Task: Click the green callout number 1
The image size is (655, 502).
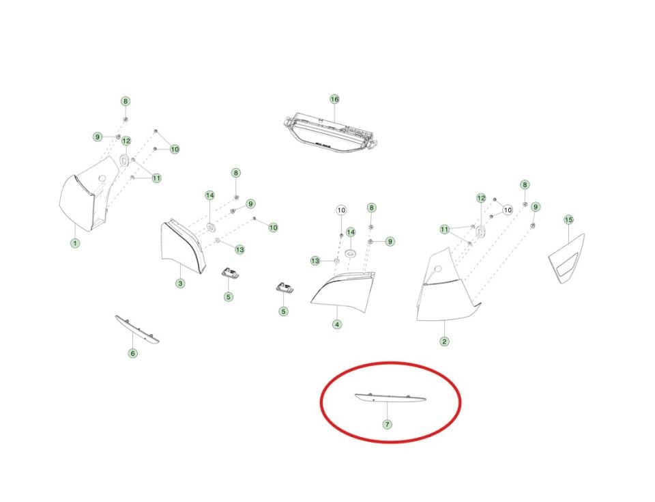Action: point(75,243)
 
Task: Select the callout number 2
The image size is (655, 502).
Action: point(444,341)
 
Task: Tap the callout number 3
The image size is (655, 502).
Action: point(180,283)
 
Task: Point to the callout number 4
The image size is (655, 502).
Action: point(337,324)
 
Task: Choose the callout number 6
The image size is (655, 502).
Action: point(132,354)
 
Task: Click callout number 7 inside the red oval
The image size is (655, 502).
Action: point(388,425)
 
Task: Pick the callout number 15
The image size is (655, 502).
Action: point(568,220)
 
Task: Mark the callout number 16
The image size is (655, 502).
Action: point(334,99)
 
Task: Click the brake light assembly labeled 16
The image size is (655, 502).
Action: point(330,133)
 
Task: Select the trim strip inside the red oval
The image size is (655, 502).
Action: point(390,398)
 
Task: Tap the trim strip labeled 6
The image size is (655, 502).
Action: point(137,330)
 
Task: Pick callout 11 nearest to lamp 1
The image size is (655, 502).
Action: point(156,178)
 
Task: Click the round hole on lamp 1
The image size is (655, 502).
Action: point(102,178)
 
